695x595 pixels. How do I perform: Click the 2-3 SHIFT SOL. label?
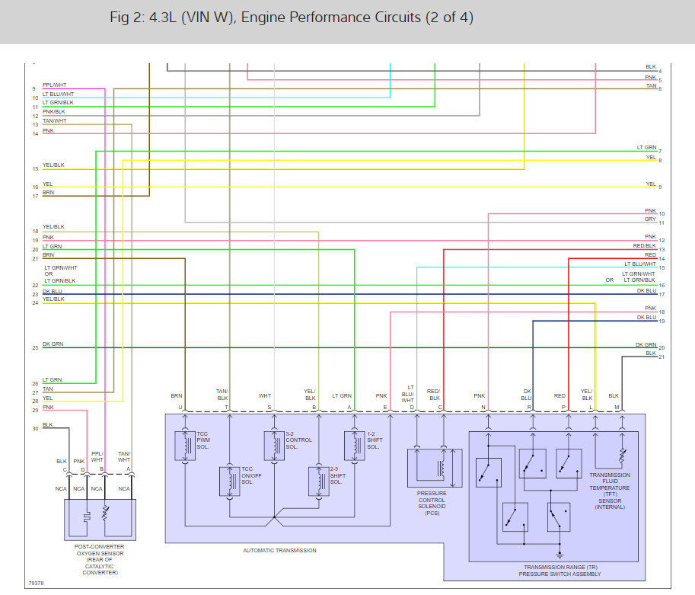pyautogui.click(x=338, y=476)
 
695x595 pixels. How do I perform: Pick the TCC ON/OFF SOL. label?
pyautogui.click(x=252, y=476)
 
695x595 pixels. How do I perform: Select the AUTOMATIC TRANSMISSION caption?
pyautogui.click(x=279, y=550)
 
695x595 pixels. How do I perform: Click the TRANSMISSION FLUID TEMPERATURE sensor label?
pyautogui.click(x=609, y=491)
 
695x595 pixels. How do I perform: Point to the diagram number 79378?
pyautogui.click(x=36, y=584)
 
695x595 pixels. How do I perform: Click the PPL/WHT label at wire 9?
pyautogui.click(x=54, y=85)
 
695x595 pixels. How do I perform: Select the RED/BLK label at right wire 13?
pyautogui.click(x=644, y=246)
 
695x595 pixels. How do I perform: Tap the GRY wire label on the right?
pyautogui.click(x=650, y=219)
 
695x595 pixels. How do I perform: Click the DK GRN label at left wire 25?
pyautogui.click(x=53, y=344)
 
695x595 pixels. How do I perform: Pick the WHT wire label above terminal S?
pyautogui.click(x=265, y=396)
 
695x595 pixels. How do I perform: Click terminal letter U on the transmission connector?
pyautogui.click(x=180, y=407)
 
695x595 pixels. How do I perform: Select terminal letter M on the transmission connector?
pyautogui.click(x=617, y=407)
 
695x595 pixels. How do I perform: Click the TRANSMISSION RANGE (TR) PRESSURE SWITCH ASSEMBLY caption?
pyautogui.click(x=562, y=571)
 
